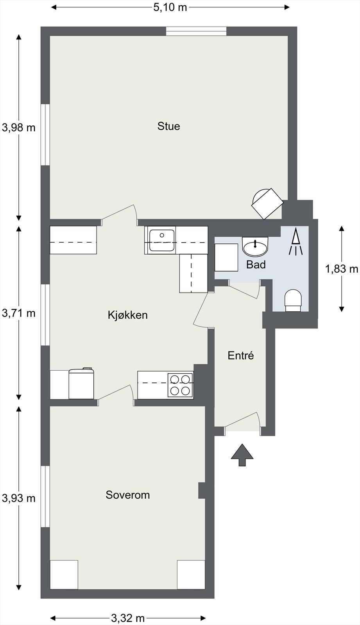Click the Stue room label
(x=168, y=126)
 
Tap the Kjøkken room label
(x=128, y=315)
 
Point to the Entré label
(x=241, y=355)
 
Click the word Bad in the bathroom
(x=256, y=264)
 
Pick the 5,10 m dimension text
(x=170, y=7)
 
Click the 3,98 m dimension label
(x=19, y=128)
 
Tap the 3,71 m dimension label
(x=19, y=313)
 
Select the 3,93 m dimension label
(x=19, y=498)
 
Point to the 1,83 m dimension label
(x=342, y=269)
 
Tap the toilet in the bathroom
(x=293, y=300)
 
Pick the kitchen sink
(x=162, y=240)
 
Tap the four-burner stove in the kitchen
(x=180, y=385)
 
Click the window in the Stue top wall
(x=196, y=31)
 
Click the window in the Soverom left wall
(x=45, y=496)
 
